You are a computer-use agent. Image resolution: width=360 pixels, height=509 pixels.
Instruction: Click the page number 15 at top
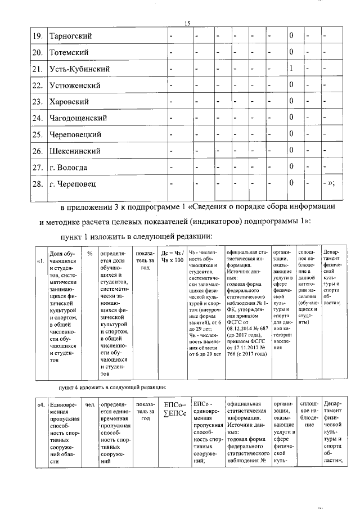188,22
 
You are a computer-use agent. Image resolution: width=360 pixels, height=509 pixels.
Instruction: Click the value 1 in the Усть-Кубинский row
291,69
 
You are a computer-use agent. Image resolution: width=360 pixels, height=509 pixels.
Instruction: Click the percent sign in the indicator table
89,253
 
